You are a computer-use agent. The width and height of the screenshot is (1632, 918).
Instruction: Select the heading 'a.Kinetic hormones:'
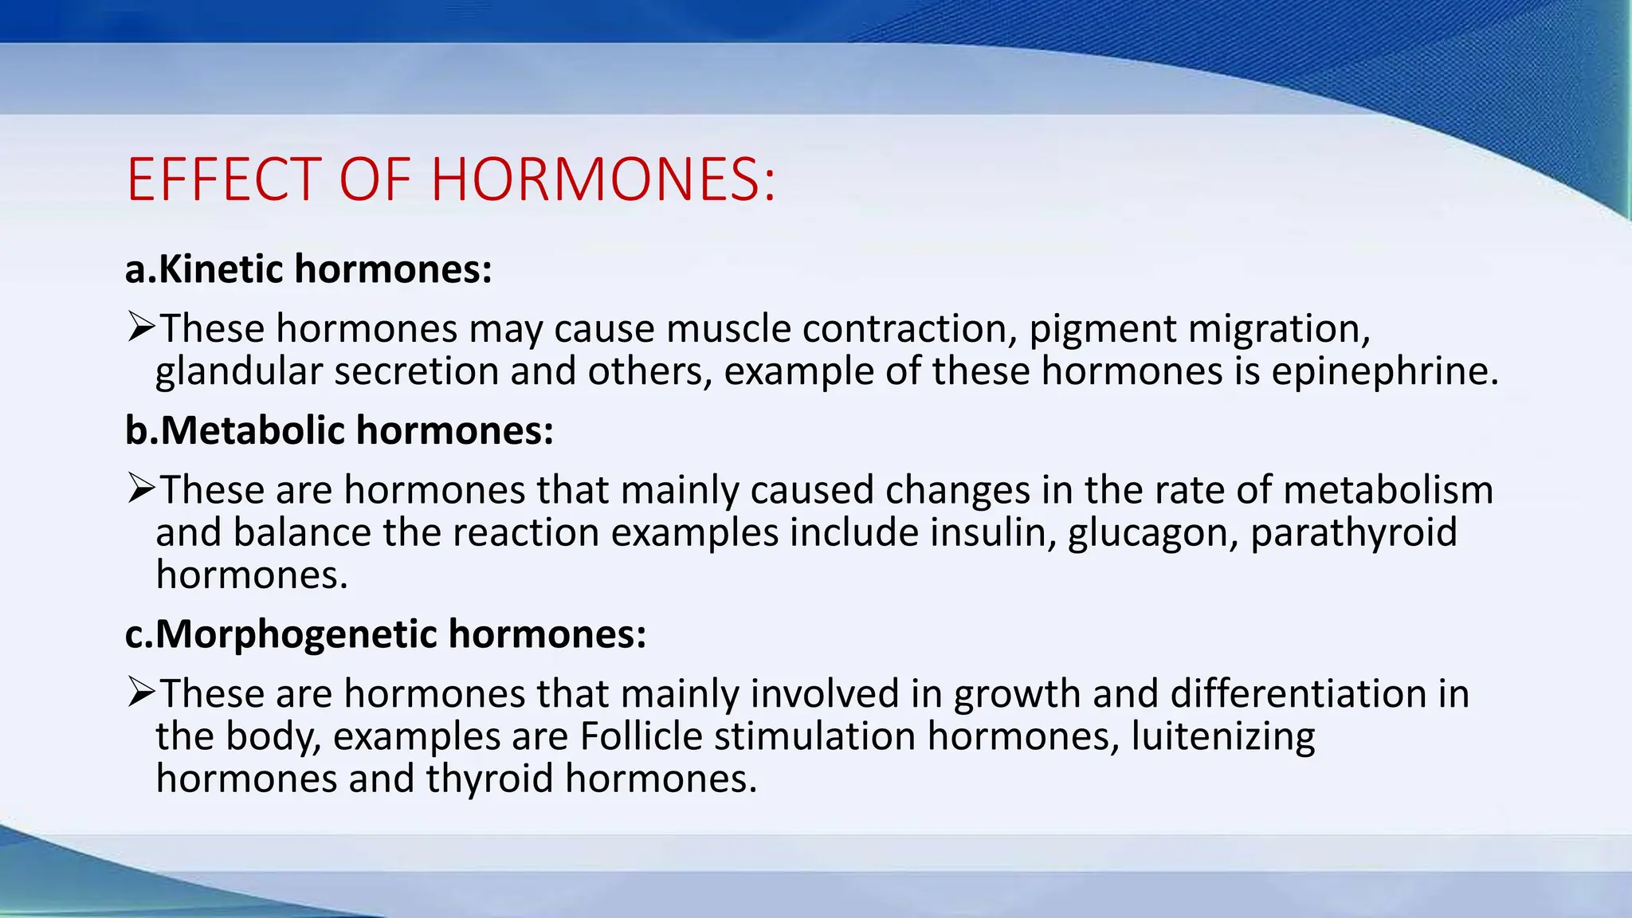pyautogui.click(x=308, y=269)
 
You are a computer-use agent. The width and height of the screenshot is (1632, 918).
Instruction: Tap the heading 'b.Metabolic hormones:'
pyautogui.click(x=339, y=430)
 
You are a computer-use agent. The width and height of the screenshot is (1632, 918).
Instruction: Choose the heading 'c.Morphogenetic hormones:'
pyautogui.click(x=386, y=634)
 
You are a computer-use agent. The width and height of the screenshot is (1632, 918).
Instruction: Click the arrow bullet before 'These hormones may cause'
pyautogui.click(x=141, y=328)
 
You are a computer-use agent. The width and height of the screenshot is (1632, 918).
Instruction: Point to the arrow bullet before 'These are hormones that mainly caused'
pyautogui.click(x=141, y=488)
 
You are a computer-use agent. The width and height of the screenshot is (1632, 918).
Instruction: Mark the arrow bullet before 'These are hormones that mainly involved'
pyautogui.click(x=141, y=692)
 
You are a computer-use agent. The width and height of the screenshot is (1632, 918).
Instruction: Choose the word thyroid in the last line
pyautogui.click(x=489, y=779)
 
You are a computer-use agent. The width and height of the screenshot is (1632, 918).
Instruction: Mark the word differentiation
pyautogui.click(x=1298, y=693)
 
